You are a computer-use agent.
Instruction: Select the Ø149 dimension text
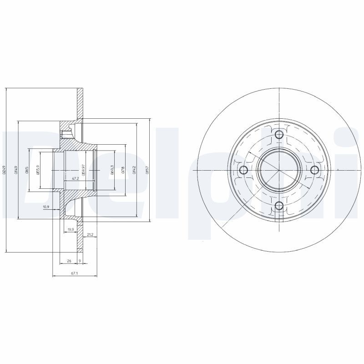(x=16, y=170)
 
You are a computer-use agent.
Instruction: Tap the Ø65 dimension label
(x=27, y=170)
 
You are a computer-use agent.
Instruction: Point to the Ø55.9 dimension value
(x=38, y=170)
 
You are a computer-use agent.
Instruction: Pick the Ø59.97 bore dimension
(x=83, y=170)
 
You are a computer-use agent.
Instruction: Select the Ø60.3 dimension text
(x=112, y=170)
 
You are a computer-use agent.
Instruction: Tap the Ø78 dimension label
(x=123, y=170)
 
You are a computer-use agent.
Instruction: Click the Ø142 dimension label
(x=135, y=170)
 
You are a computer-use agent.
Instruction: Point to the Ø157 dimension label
(x=147, y=170)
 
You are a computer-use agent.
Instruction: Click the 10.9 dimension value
(x=45, y=207)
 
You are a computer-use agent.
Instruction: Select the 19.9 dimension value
(x=71, y=229)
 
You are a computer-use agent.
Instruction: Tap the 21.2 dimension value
(x=90, y=234)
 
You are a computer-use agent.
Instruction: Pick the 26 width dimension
(x=68, y=261)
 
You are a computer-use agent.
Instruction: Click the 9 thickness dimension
(x=81, y=261)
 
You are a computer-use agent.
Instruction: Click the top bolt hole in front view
(x=279, y=134)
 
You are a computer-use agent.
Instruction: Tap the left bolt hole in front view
(x=243, y=170)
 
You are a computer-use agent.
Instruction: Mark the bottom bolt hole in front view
(x=279, y=206)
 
